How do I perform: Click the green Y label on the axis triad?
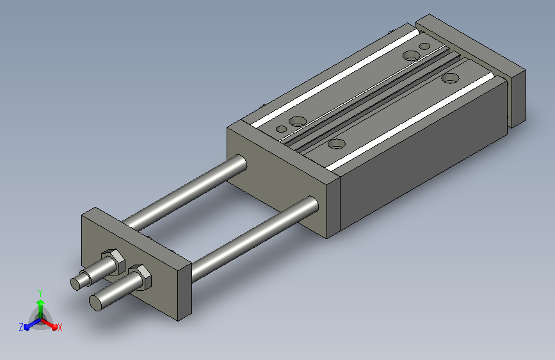click(40, 293)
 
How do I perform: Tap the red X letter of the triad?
click(60, 327)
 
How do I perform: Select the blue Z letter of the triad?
click(21, 327)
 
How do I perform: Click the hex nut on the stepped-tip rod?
click(114, 262)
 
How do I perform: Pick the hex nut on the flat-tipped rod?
click(141, 277)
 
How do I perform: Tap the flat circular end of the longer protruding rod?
click(96, 303)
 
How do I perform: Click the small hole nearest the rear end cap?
click(424, 46)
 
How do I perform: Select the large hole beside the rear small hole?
click(410, 55)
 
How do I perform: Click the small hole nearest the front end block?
click(282, 129)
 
